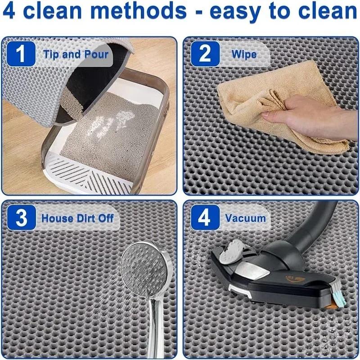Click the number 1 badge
[x=22, y=54]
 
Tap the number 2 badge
[x=205, y=54]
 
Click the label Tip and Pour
[x=76, y=55]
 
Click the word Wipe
[x=244, y=55]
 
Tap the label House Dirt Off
[x=77, y=218]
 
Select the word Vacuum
[x=246, y=218]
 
